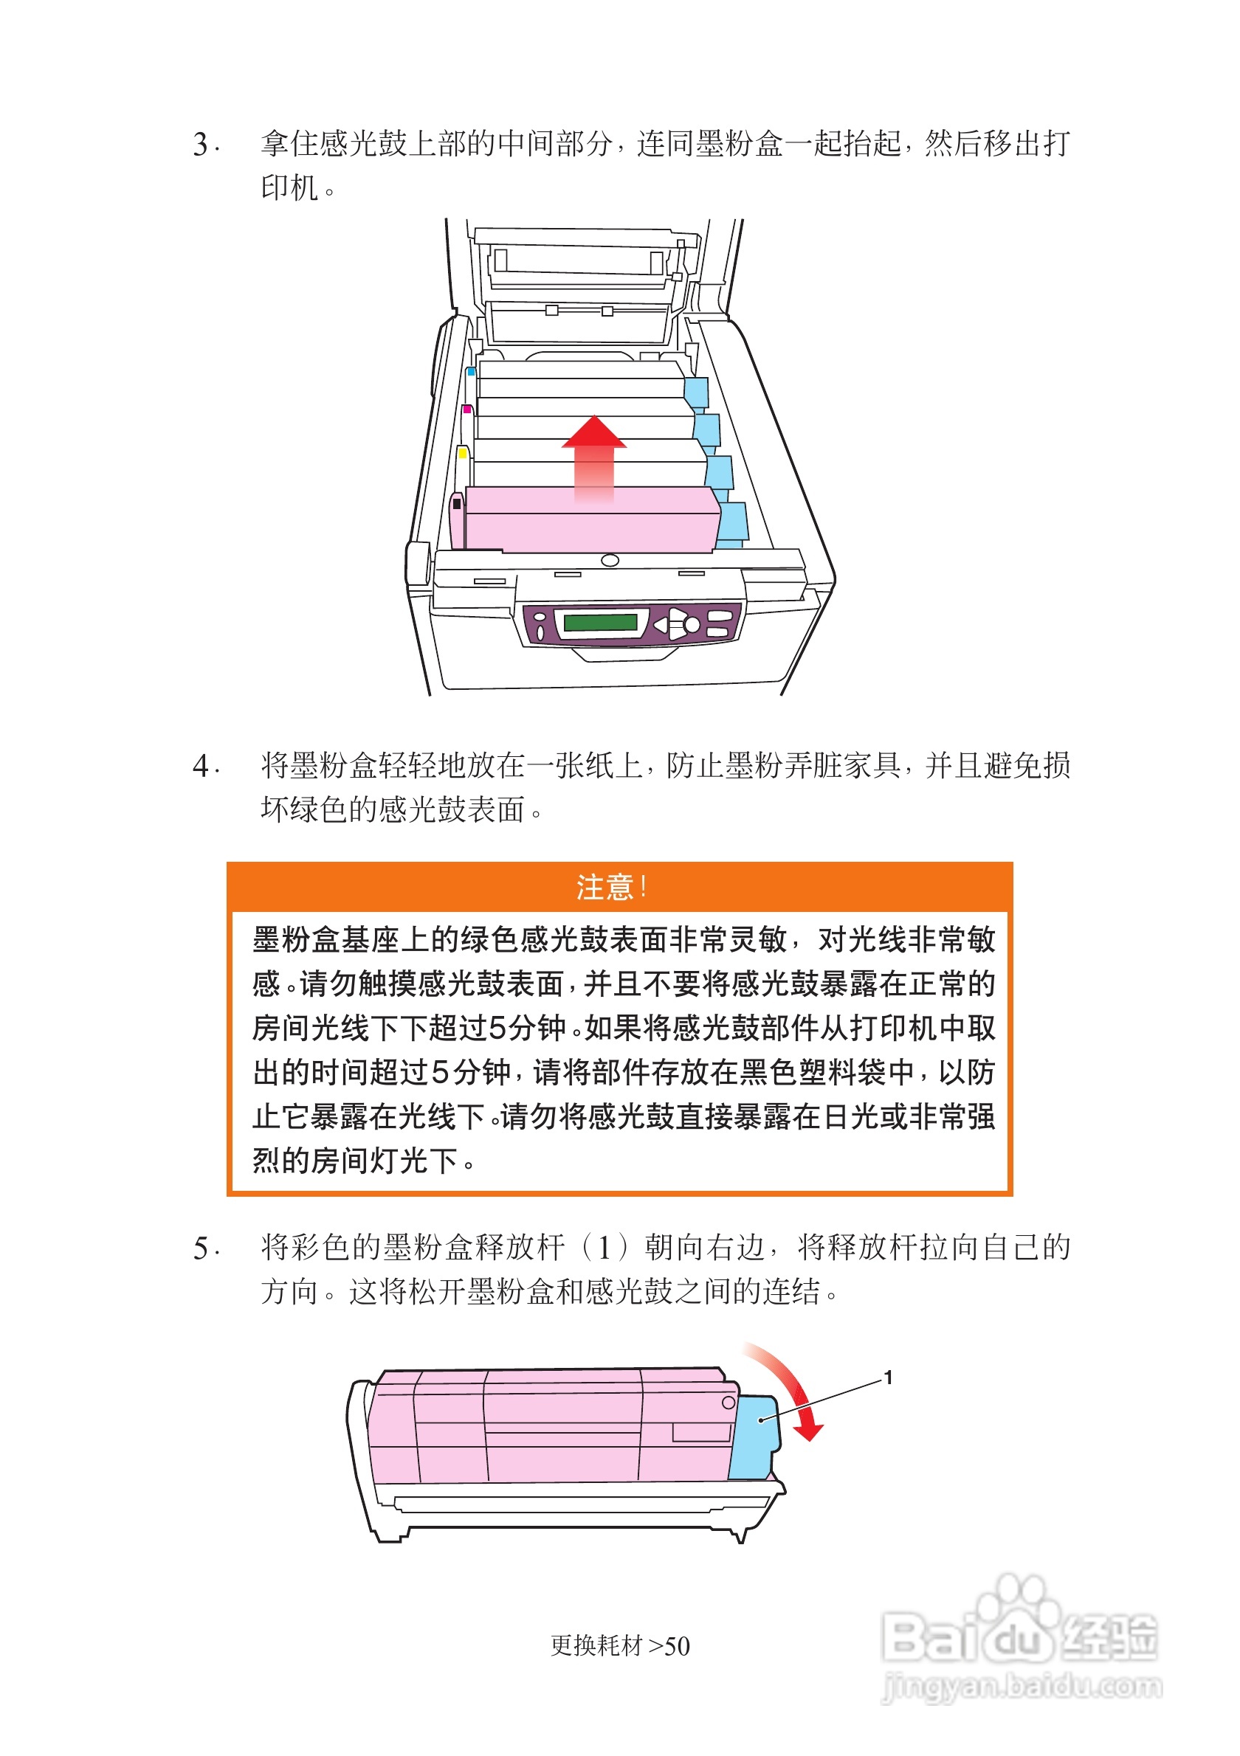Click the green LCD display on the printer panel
pos(601,622)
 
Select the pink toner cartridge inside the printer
pos(589,520)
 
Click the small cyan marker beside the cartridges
pos(471,372)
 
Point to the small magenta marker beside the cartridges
pos(466,409)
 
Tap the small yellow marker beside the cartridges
pos(462,453)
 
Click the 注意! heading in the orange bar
pos(612,887)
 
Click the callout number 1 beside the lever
pos(888,1378)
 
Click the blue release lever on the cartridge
pos(754,1438)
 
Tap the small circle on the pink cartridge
pos(728,1403)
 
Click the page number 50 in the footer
pos(677,1646)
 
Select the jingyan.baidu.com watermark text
pos(1022,1686)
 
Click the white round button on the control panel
pos(692,625)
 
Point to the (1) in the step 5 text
pos(604,1248)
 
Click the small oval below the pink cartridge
pos(610,561)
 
